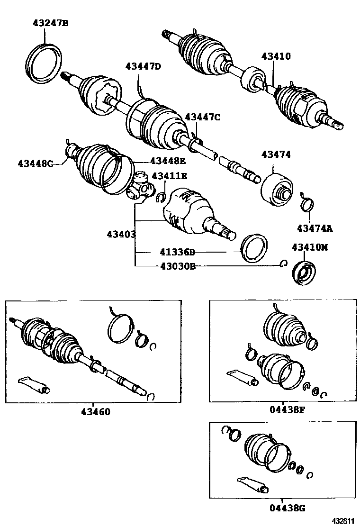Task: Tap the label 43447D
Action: (143, 66)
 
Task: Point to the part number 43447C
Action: (202, 117)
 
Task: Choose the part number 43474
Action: (276, 154)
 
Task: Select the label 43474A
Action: (315, 228)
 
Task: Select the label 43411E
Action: (169, 176)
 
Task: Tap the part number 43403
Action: (121, 234)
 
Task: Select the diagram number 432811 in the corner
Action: (342, 521)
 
